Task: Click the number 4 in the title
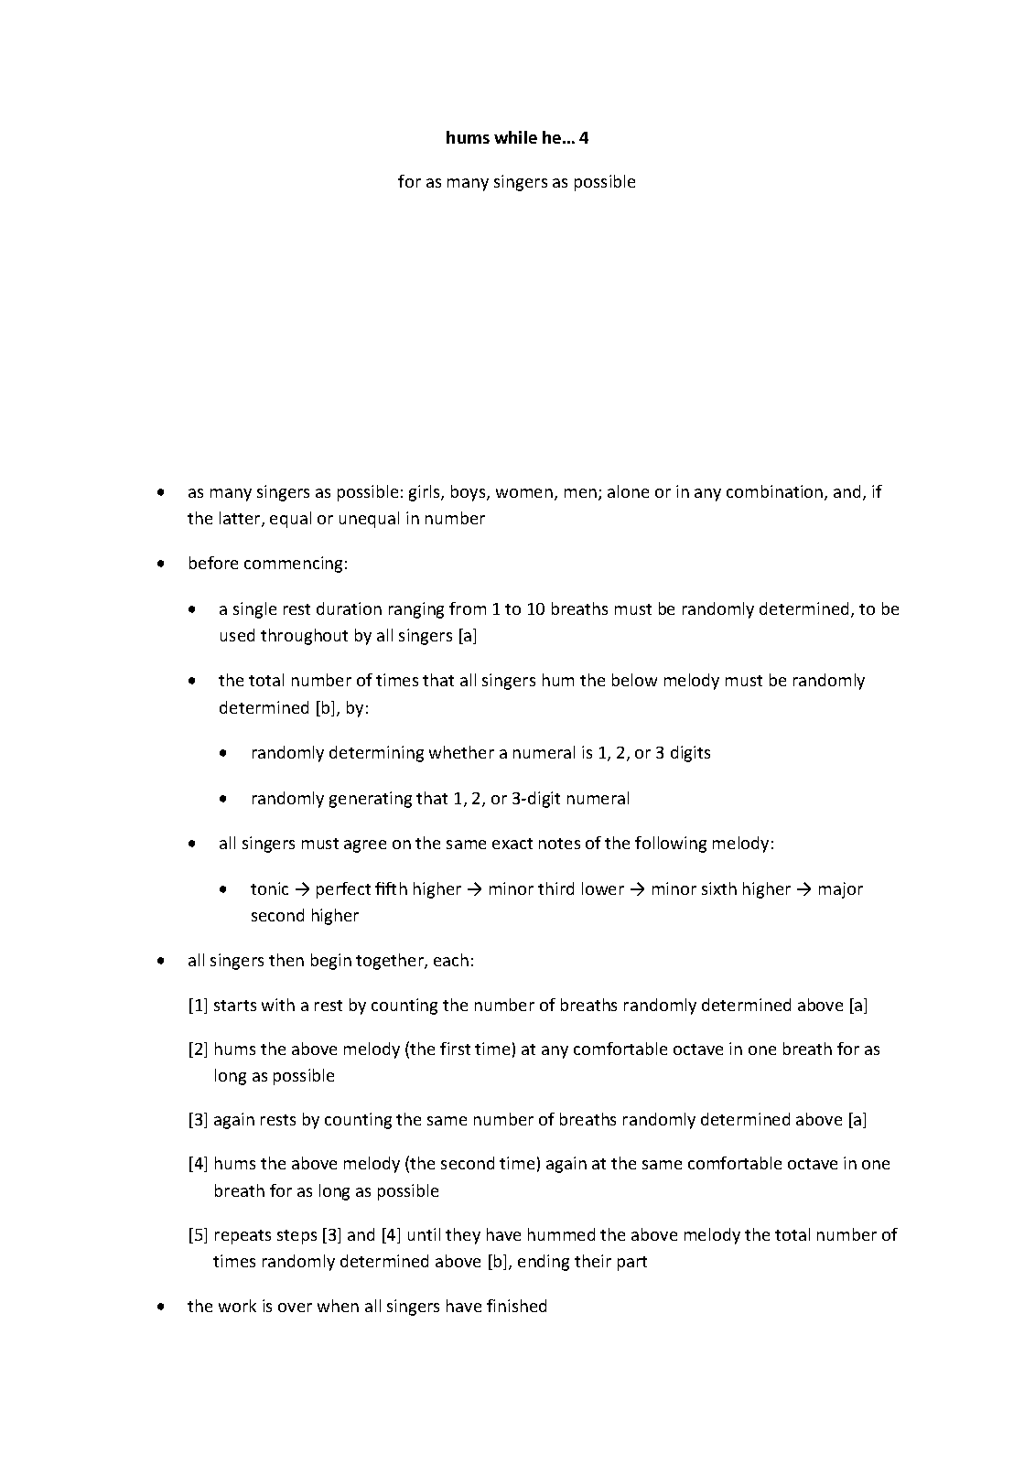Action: [584, 138]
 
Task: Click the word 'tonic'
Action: [269, 889]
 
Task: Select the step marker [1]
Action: [198, 1006]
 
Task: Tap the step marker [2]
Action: [198, 1050]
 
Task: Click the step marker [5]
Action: [198, 1235]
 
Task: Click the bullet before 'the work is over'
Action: [161, 1307]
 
